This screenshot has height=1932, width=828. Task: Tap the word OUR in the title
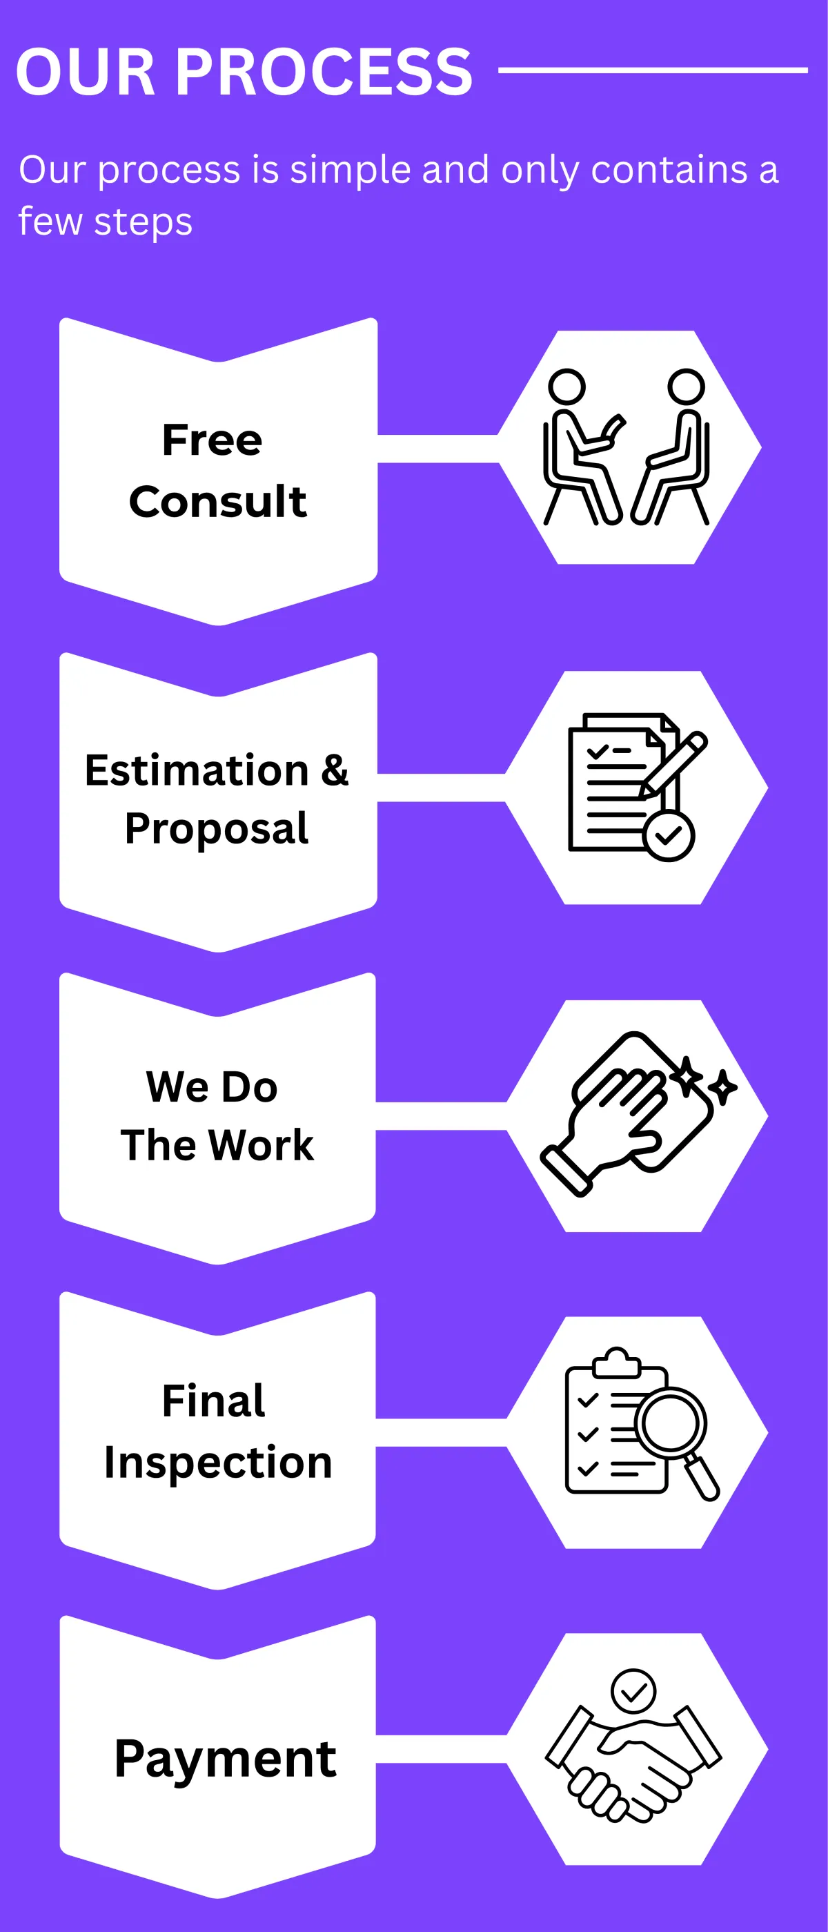coord(86,72)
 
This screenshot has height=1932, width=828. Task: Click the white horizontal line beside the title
coord(653,70)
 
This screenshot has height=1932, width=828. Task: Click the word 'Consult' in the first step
coord(217,501)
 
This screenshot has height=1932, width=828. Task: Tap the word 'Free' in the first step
coord(213,440)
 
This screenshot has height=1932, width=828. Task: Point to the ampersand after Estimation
coord(335,770)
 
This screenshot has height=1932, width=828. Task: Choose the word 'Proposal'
coord(217,830)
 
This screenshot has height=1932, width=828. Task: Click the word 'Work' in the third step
coord(261,1144)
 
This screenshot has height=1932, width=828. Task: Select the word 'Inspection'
coord(217,1463)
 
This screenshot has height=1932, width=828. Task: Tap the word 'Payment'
coord(225,1759)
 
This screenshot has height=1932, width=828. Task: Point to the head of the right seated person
coord(687,387)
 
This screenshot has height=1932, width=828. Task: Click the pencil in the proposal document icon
coord(673,765)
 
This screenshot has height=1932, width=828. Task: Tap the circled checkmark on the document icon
coord(669,835)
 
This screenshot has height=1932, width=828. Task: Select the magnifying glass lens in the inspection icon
coord(671,1423)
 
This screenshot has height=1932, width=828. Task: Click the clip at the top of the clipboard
coord(616,1363)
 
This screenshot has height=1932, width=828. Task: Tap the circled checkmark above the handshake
coord(633,1690)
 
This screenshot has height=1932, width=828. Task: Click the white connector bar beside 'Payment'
coord(442,1749)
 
